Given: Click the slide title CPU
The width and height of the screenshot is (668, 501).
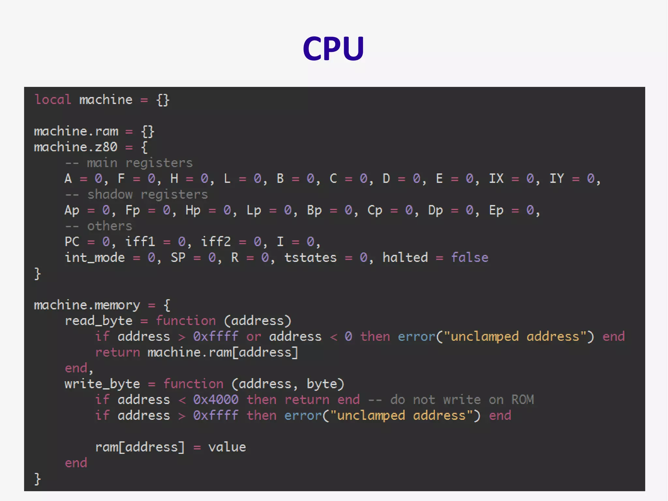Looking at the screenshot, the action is pyautogui.click(x=333, y=48).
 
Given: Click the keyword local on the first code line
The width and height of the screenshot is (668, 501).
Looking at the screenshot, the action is pyautogui.click(x=53, y=100).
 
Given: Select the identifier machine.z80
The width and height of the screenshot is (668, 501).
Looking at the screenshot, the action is pyautogui.click(x=75, y=147).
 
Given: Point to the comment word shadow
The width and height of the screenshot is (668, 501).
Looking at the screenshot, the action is pyautogui.click(x=110, y=195).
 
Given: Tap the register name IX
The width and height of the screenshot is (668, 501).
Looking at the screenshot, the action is pyautogui.click(x=496, y=179).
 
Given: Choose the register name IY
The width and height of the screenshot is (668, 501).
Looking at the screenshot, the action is pyautogui.click(x=556, y=179).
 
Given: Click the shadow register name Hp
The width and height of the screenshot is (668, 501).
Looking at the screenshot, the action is pyautogui.click(x=193, y=211).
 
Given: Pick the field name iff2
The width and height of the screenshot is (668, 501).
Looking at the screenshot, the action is pyautogui.click(x=216, y=242).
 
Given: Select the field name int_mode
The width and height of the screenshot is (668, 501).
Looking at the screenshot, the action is pyautogui.click(x=95, y=258).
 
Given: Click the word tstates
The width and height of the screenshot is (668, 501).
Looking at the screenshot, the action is pyautogui.click(x=310, y=258).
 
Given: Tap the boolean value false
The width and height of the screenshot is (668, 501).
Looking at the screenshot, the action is pyautogui.click(x=469, y=258).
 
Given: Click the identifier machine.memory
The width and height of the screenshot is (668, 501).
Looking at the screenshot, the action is pyautogui.click(x=87, y=305).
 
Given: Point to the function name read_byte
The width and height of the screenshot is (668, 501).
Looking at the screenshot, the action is pyautogui.click(x=98, y=321).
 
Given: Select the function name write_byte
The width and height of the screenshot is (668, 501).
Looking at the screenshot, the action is pyautogui.click(x=102, y=384).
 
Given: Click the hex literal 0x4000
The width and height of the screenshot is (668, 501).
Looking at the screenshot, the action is pyautogui.click(x=216, y=400).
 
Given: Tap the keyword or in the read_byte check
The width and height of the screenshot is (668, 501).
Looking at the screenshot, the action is pyautogui.click(x=253, y=337).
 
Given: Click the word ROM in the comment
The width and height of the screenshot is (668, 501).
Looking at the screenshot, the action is pyautogui.click(x=522, y=400).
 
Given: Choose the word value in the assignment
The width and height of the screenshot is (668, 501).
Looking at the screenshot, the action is pyautogui.click(x=227, y=447).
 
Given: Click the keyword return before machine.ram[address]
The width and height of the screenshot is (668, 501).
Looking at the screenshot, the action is pyautogui.click(x=117, y=352).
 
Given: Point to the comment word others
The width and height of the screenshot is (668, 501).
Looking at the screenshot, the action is pyautogui.click(x=110, y=226).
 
